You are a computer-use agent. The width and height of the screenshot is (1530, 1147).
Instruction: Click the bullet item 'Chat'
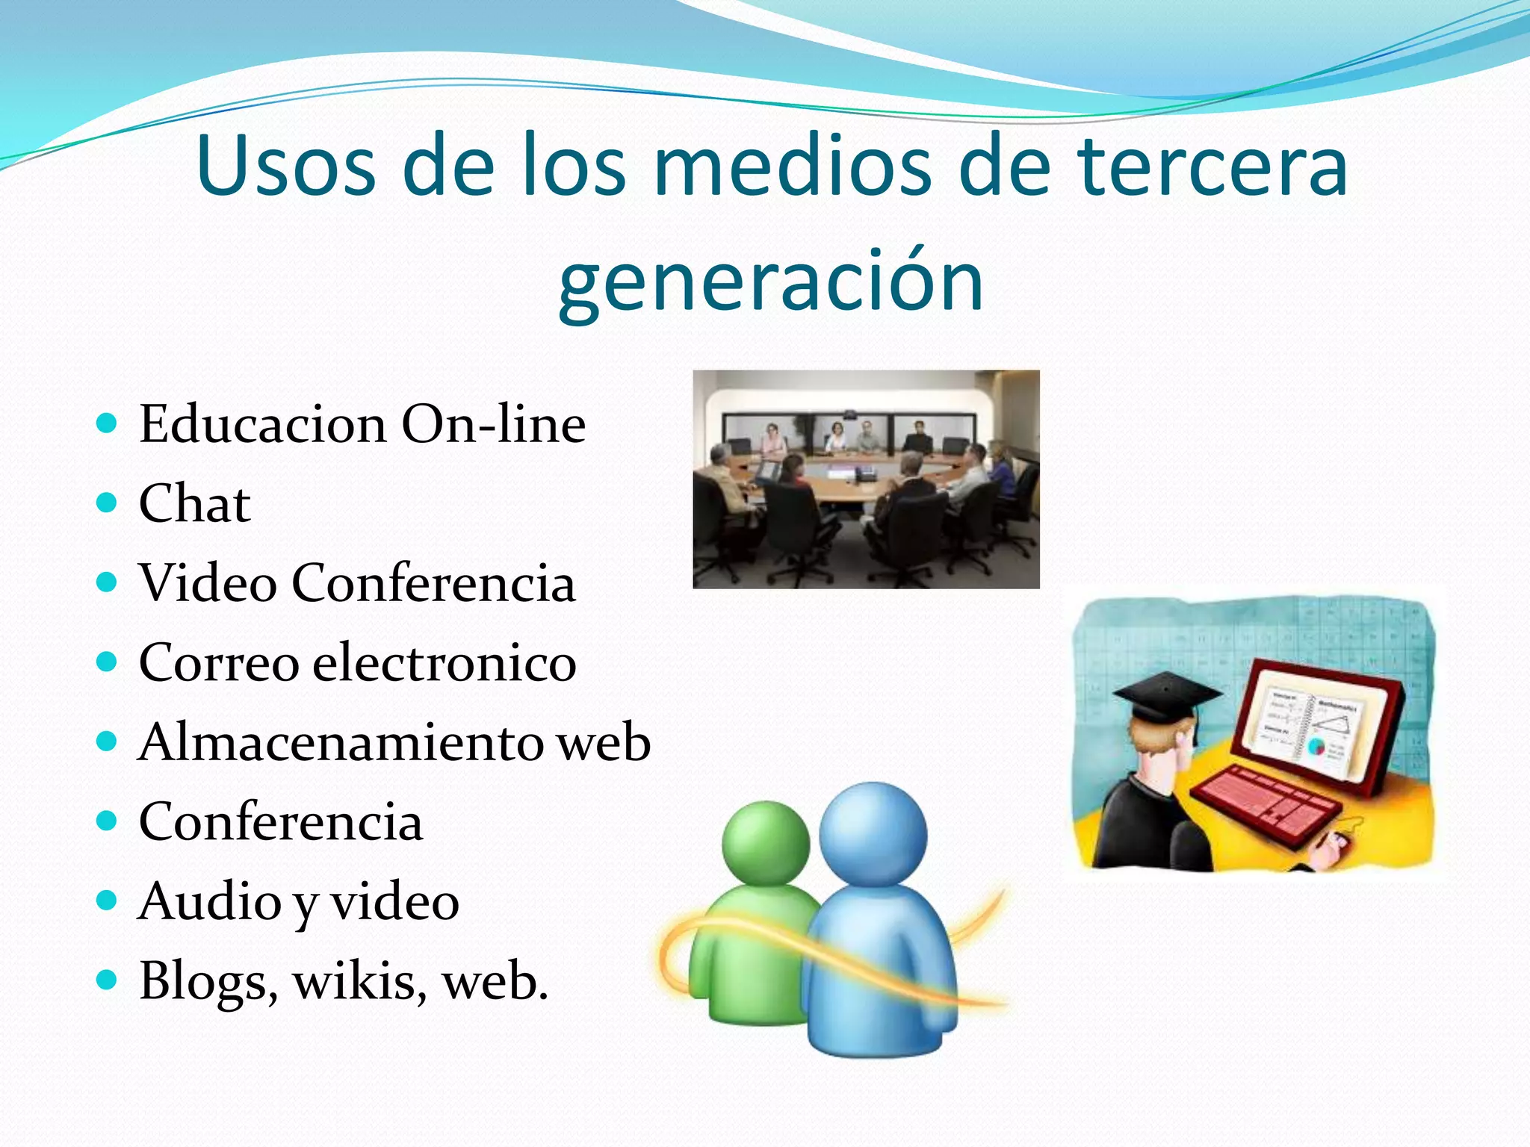point(194,503)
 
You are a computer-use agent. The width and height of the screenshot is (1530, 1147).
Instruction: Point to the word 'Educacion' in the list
point(262,424)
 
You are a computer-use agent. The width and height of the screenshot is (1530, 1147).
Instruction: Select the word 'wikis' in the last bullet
point(359,981)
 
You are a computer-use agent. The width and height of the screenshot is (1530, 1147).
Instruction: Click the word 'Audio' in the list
point(208,901)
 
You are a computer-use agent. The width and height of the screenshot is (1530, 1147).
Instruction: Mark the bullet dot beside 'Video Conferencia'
point(108,582)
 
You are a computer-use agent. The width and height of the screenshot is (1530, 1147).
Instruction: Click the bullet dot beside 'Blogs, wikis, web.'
point(108,980)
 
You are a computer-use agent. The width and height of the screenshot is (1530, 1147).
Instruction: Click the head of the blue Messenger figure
point(873,833)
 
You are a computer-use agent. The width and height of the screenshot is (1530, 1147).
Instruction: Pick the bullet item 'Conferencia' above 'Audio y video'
point(280,822)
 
